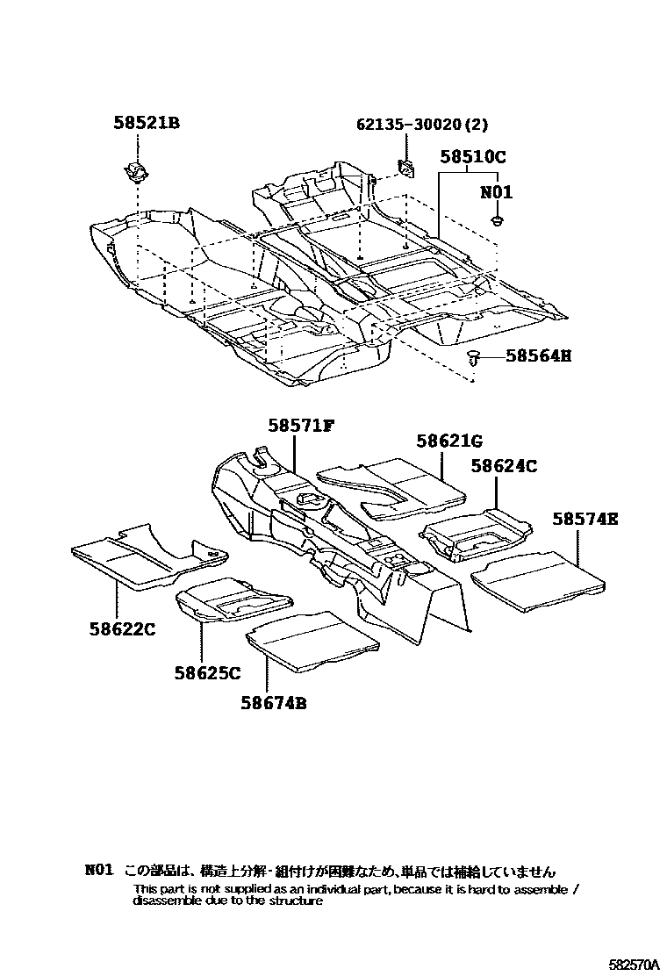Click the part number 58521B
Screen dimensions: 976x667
click(x=146, y=124)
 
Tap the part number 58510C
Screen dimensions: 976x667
click(x=473, y=157)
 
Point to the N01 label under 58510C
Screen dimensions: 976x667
click(x=496, y=192)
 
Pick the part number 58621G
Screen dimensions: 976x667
click(x=449, y=441)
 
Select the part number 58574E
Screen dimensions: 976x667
click(x=585, y=520)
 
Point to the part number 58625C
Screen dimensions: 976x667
click(x=206, y=673)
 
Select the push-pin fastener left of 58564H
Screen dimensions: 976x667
click(x=475, y=355)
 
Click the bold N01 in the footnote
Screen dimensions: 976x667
click(x=99, y=871)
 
